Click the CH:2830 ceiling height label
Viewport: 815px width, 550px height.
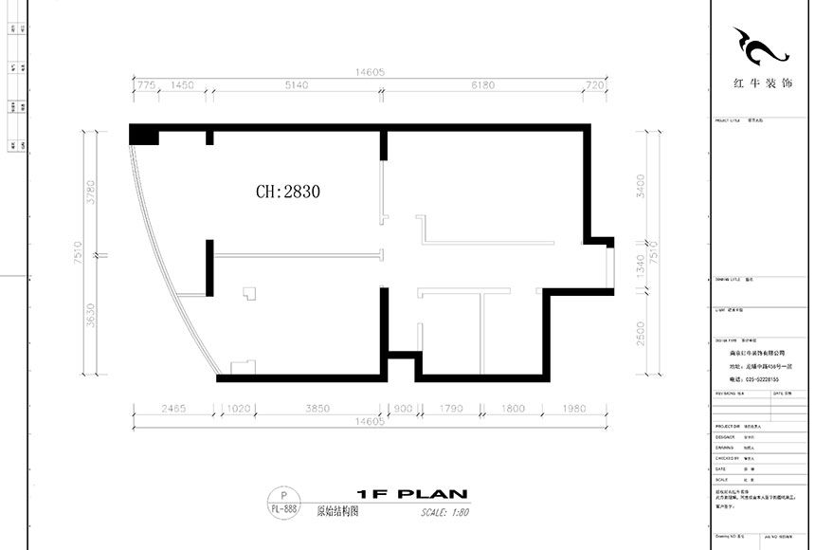288,192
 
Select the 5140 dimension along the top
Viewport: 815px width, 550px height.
297,85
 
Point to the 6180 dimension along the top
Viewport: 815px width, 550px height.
482,85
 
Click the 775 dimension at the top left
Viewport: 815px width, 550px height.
146,85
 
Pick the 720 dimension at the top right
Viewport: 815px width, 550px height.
595,85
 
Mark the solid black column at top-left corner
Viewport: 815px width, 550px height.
143,134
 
